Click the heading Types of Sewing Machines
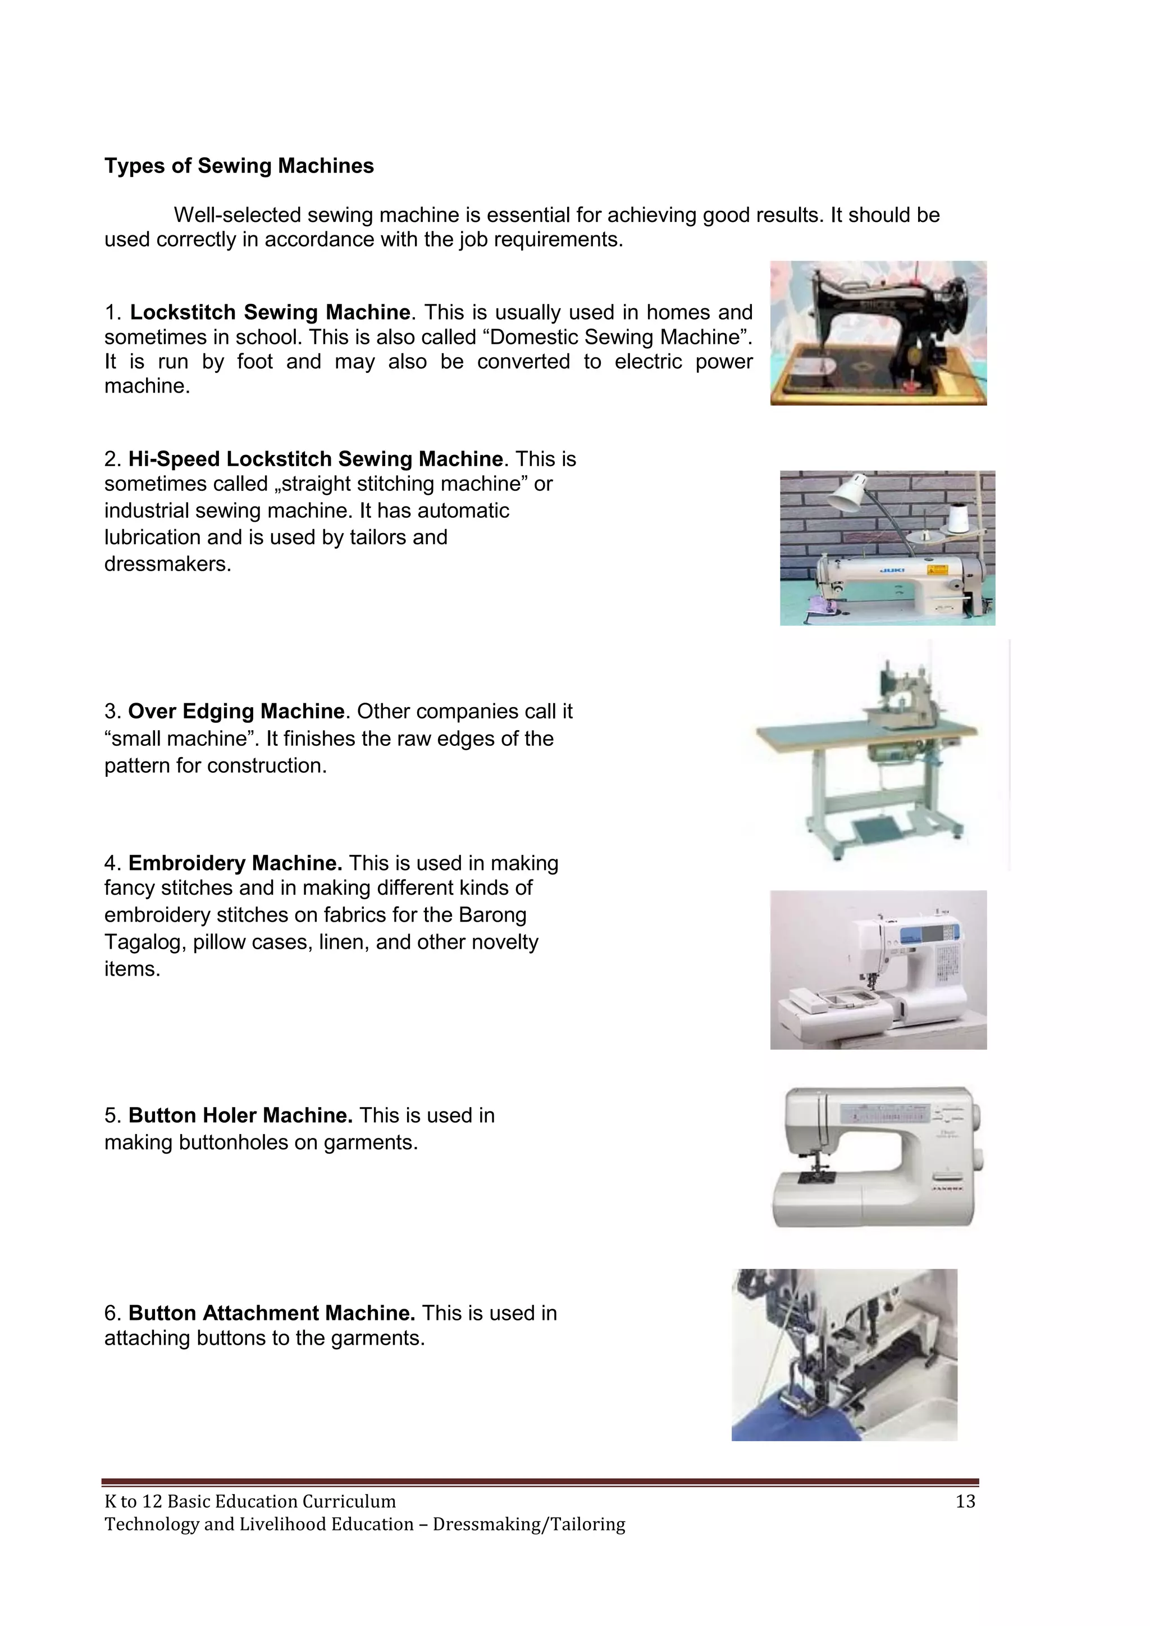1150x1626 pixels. (x=239, y=166)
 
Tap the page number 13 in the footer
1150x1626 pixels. (x=965, y=1501)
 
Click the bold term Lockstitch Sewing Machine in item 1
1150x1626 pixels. (x=270, y=312)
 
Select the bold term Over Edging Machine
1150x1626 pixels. (x=236, y=711)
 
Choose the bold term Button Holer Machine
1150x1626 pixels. (x=240, y=1115)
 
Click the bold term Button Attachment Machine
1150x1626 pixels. (x=271, y=1313)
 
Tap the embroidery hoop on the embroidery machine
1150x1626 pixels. (x=854, y=999)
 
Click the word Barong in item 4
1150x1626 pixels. (x=492, y=915)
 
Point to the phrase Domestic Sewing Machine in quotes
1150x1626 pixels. (x=615, y=337)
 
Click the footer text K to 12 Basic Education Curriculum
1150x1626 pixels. (x=250, y=1501)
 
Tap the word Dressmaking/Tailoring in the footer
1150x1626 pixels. (x=529, y=1524)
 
